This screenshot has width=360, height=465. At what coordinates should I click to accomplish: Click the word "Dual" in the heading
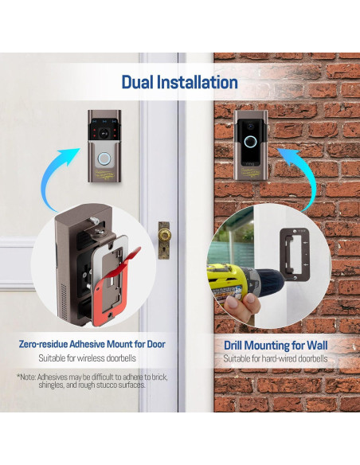point(137,82)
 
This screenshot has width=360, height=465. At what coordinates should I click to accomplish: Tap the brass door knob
point(164,236)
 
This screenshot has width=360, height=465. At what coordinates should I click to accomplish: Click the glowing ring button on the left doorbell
point(104,158)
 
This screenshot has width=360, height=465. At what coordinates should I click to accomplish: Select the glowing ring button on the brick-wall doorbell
point(250,142)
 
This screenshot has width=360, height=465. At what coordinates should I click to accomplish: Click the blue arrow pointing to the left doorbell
point(58,178)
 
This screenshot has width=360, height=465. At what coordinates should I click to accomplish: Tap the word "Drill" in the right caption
point(233,346)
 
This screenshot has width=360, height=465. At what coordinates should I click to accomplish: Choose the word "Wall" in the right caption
point(317,346)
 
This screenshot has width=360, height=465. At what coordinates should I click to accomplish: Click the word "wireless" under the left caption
point(91,358)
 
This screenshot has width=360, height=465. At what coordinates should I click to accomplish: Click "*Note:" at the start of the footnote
point(27,377)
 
